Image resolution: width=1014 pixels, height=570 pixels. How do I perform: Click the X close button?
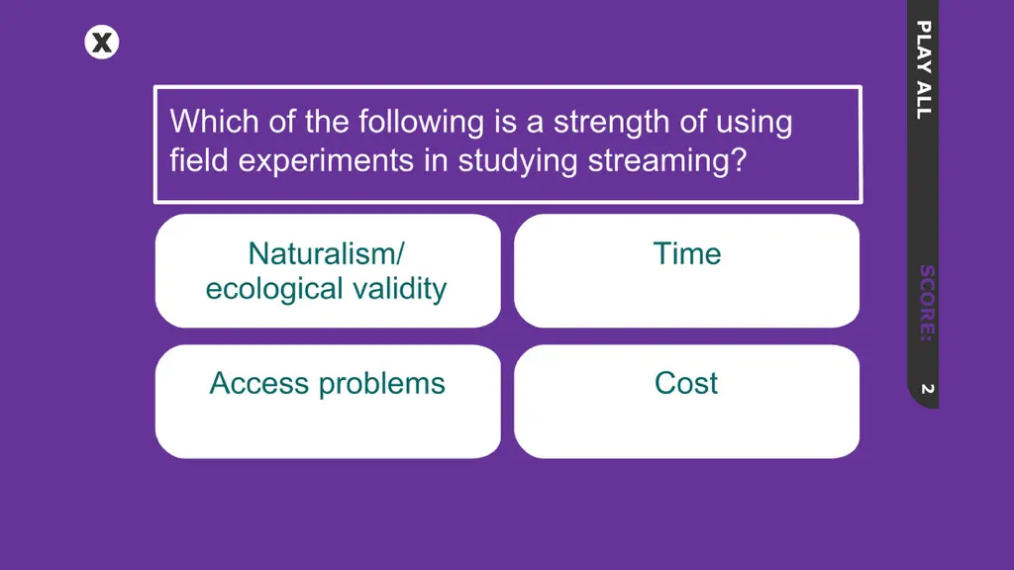tap(102, 43)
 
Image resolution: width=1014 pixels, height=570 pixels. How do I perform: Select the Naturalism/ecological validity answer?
tap(328, 271)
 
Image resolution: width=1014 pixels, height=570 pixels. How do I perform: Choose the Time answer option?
tap(687, 271)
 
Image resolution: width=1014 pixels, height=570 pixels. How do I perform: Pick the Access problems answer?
tap(328, 402)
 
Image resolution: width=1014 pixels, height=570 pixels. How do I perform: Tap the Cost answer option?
tap(687, 402)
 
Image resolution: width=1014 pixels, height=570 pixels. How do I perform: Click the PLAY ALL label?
tap(924, 70)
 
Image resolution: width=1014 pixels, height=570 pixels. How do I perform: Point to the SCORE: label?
tap(926, 303)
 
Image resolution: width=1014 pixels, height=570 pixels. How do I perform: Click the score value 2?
tap(927, 388)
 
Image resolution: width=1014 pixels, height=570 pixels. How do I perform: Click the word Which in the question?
tap(214, 121)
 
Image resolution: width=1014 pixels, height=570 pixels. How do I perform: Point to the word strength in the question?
tap(611, 123)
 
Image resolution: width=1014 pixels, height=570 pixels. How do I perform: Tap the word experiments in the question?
tap(326, 161)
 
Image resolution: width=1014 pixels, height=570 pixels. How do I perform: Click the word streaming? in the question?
tap(667, 161)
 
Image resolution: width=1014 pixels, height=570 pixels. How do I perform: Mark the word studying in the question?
tap(517, 161)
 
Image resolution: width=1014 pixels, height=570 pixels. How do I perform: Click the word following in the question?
tap(421, 123)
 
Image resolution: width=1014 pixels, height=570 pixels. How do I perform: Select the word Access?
tap(259, 383)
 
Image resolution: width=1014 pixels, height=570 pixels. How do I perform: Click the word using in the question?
tap(753, 123)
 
